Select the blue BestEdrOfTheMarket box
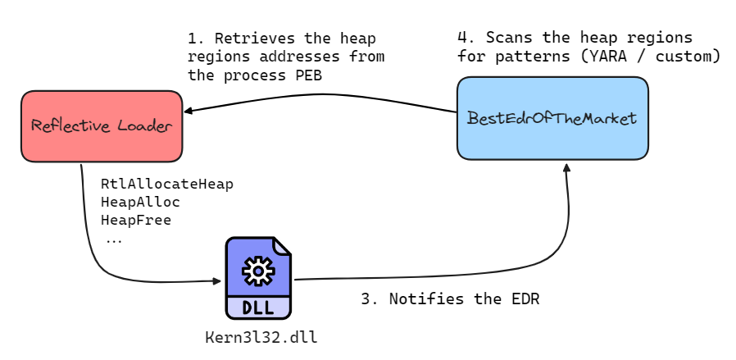(x=552, y=118)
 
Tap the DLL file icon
(x=258, y=279)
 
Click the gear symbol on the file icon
(x=258, y=269)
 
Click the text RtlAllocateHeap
(x=166, y=184)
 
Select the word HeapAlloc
(x=140, y=202)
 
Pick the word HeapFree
(x=136, y=220)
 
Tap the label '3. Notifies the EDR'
(x=450, y=299)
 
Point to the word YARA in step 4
(x=610, y=57)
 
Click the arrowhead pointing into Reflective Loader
(x=189, y=111)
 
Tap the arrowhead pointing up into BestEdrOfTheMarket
(x=565, y=166)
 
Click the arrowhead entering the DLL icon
(x=217, y=281)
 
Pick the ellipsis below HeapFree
(x=114, y=239)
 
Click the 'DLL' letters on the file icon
(x=258, y=308)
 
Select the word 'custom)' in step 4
(x=690, y=57)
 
